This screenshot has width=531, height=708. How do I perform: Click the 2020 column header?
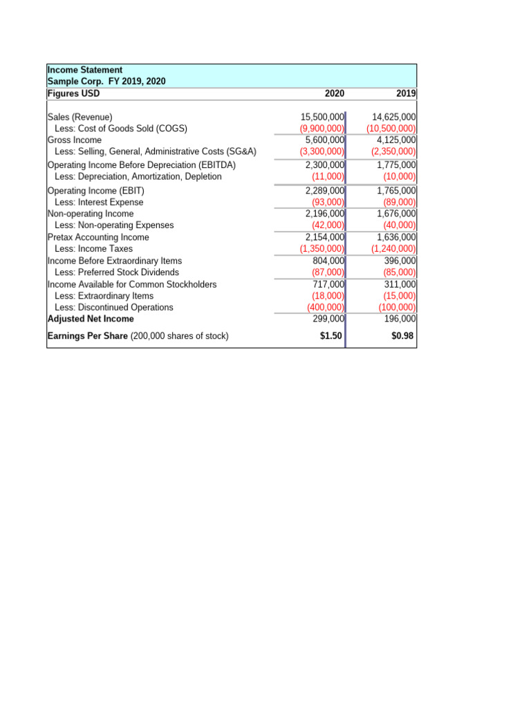tap(334, 94)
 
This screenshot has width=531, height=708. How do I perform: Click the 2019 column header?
tap(406, 94)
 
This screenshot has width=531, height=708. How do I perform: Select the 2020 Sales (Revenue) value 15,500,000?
tap(322, 118)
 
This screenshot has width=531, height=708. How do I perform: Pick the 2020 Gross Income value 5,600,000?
tap(325, 140)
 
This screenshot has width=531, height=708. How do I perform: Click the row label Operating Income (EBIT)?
tap(96, 191)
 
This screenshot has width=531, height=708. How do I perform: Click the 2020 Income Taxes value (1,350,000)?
tap(322, 249)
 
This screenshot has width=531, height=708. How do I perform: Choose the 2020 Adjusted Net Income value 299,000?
tap(328, 319)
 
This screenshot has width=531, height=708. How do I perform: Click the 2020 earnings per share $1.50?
tap(330, 337)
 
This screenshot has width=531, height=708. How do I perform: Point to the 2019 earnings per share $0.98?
tap(402, 337)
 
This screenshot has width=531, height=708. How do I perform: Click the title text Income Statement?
tap(85, 70)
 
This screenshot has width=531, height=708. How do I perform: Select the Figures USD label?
tap(73, 94)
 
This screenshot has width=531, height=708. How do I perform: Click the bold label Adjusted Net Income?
tap(91, 319)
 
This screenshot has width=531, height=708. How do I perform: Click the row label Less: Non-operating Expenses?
tap(114, 225)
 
